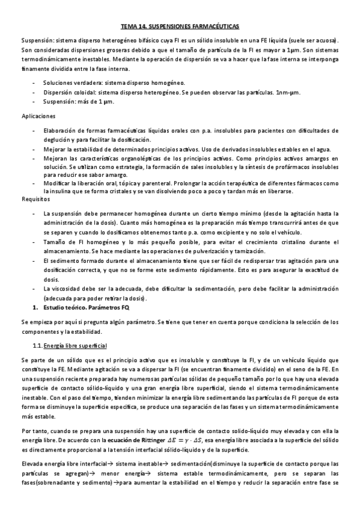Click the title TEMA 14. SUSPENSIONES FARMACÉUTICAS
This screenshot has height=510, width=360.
(x=180, y=27)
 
